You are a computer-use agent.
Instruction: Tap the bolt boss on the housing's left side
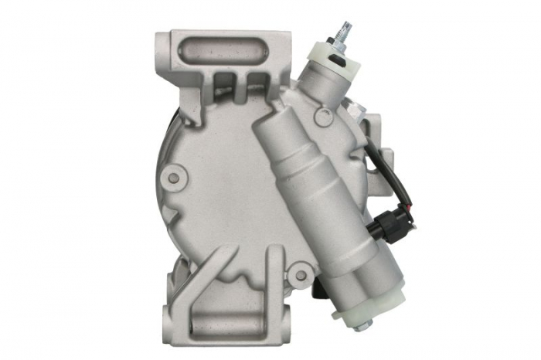[174, 178]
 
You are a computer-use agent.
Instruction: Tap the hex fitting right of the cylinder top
[362, 114]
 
